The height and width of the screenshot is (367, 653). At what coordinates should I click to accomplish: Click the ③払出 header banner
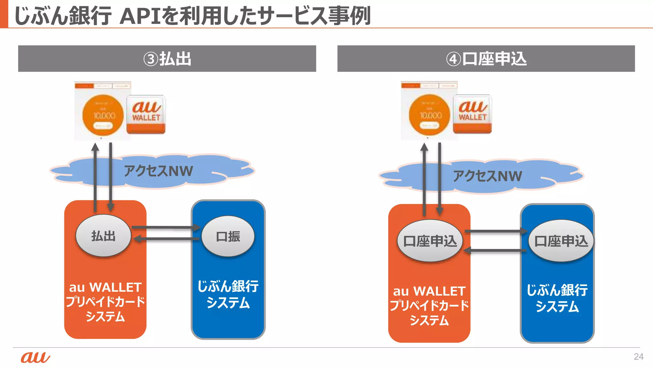pyautogui.click(x=167, y=59)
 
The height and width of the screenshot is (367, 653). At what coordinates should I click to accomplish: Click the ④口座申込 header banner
pyautogui.click(x=486, y=59)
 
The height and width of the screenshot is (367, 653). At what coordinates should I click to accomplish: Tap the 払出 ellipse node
pyautogui.click(x=103, y=236)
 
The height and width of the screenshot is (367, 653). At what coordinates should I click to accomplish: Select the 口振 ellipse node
pyautogui.click(x=228, y=236)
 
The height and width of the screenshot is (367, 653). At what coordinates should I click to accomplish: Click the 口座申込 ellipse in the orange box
pyautogui.click(x=430, y=241)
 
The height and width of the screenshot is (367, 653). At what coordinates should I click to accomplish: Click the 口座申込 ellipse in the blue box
pyautogui.click(x=561, y=241)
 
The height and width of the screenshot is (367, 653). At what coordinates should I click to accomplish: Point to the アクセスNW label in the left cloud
pyautogui.click(x=158, y=171)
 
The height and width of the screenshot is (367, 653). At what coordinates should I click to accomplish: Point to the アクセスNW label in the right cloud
pyautogui.click(x=488, y=176)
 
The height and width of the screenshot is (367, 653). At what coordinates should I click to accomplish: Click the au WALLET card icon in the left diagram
pyautogui.click(x=146, y=114)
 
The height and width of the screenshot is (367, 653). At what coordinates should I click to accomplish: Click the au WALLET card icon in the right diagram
pyautogui.click(x=473, y=114)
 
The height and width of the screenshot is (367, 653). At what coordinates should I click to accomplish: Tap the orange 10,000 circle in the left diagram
pyautogui.click(x=103, y=115)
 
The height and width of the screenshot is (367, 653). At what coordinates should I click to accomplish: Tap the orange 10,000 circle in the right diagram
pyautogui.click(x=429, y=115)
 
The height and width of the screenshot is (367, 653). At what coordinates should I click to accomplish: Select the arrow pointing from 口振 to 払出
pyautogui.click(x=166, y=239)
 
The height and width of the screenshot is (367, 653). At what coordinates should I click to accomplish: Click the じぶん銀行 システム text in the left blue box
pyautogui.click(x=228, y=294)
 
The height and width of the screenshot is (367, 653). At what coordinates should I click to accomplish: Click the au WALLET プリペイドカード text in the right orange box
pyautogui.click(x=429, y=299)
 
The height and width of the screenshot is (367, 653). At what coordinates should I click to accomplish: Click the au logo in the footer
pyautogui.click(x=35, y=357)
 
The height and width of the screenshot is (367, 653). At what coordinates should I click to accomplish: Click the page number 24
pyautogui.click(x=638, y=356)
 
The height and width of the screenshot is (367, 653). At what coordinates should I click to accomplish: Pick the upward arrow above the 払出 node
pyautogui.click(x=95, y=177)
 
